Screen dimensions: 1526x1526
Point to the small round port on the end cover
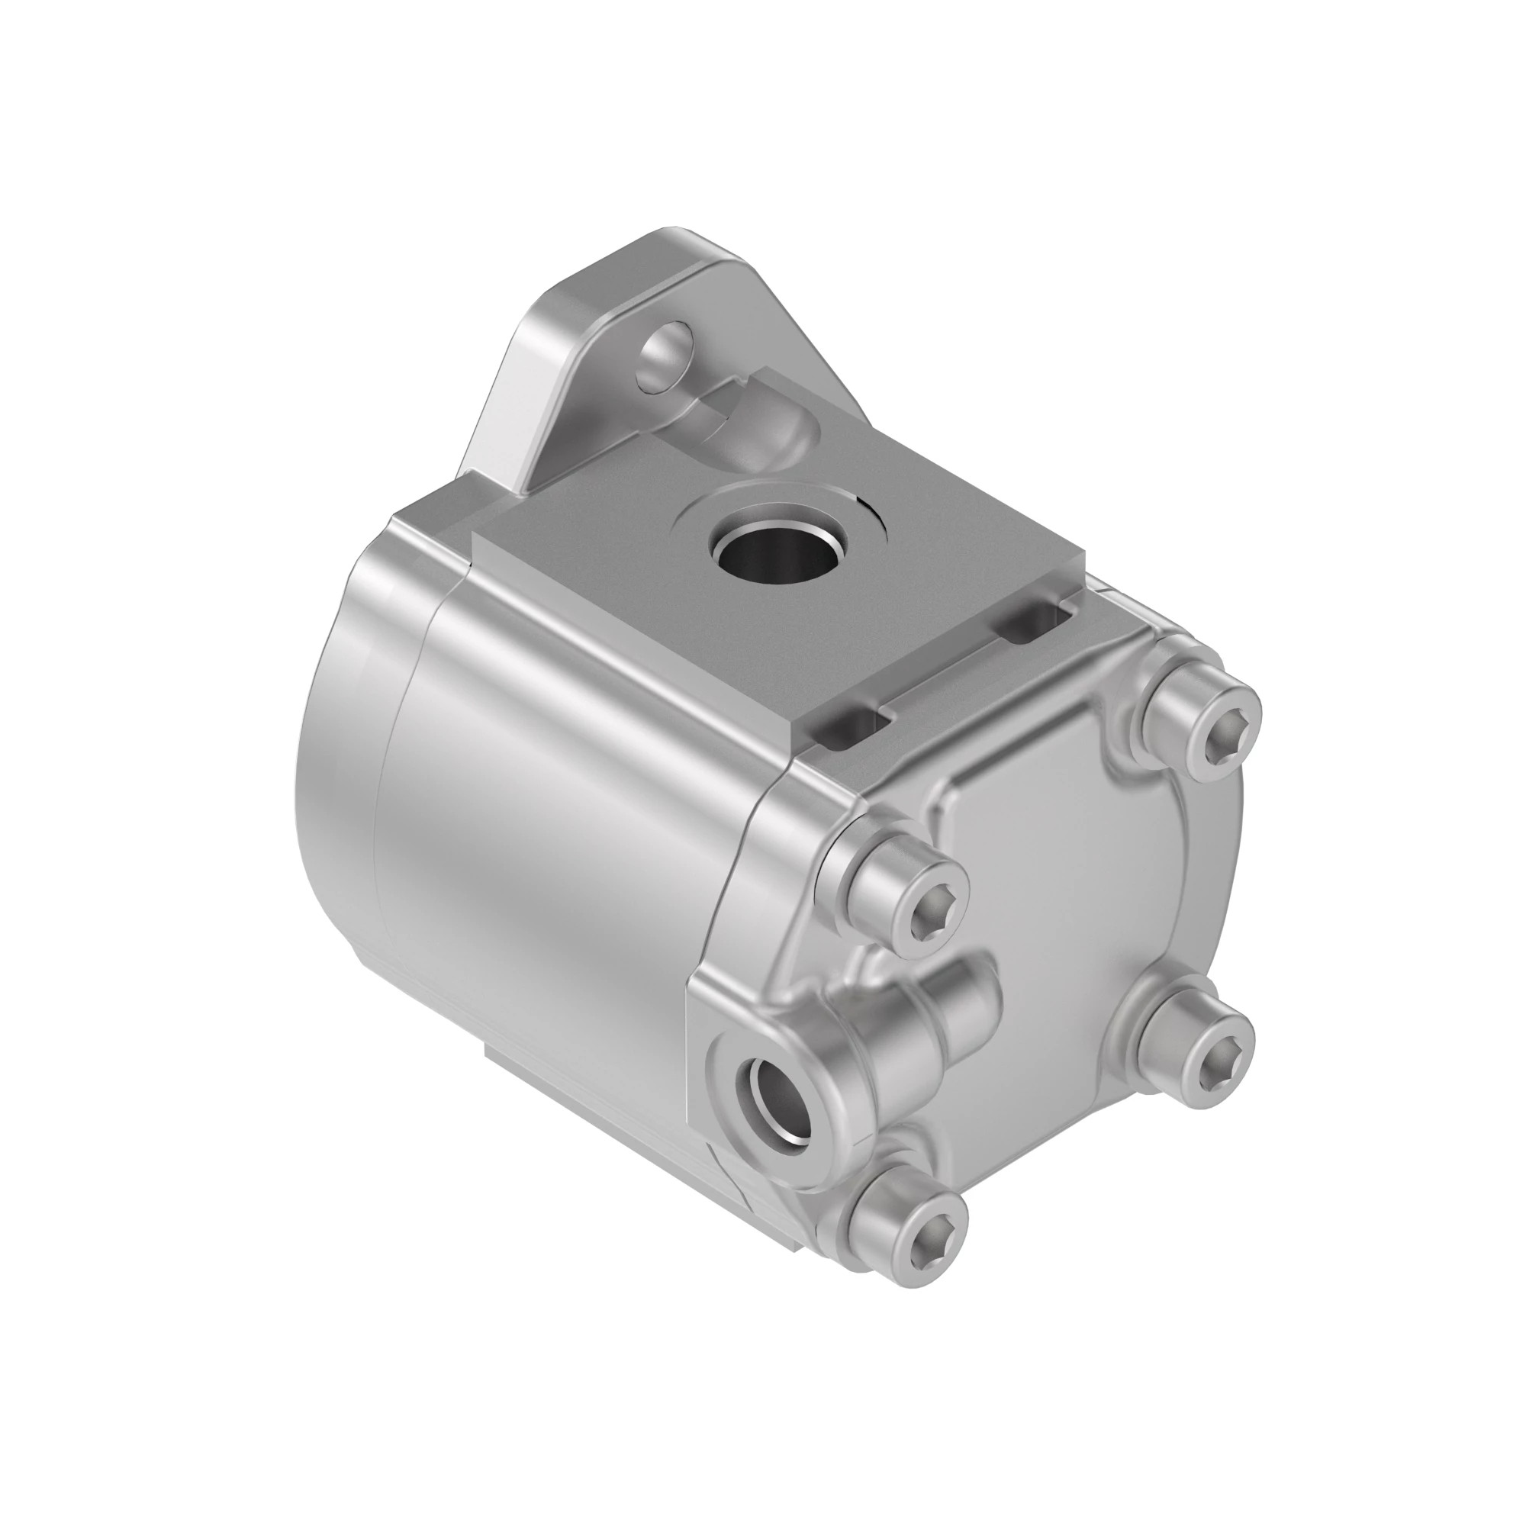pos(779,1097)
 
